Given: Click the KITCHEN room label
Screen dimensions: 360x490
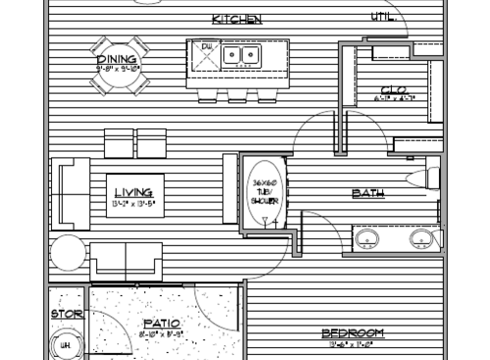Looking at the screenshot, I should click(236, 19).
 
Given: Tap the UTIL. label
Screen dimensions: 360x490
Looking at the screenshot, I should click(382, 17).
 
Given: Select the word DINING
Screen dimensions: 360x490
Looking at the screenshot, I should click(117, 59).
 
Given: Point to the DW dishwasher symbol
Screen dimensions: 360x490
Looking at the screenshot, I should click(207, 47).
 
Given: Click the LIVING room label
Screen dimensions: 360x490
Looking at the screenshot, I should click(132, 192).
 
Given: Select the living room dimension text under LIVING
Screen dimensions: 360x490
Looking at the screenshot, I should click(132, 203).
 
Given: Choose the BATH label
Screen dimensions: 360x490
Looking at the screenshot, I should click(367, 193).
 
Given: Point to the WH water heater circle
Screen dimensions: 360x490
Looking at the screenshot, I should click(69, 344).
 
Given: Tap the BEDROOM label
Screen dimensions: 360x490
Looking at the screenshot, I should click(353, 333).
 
